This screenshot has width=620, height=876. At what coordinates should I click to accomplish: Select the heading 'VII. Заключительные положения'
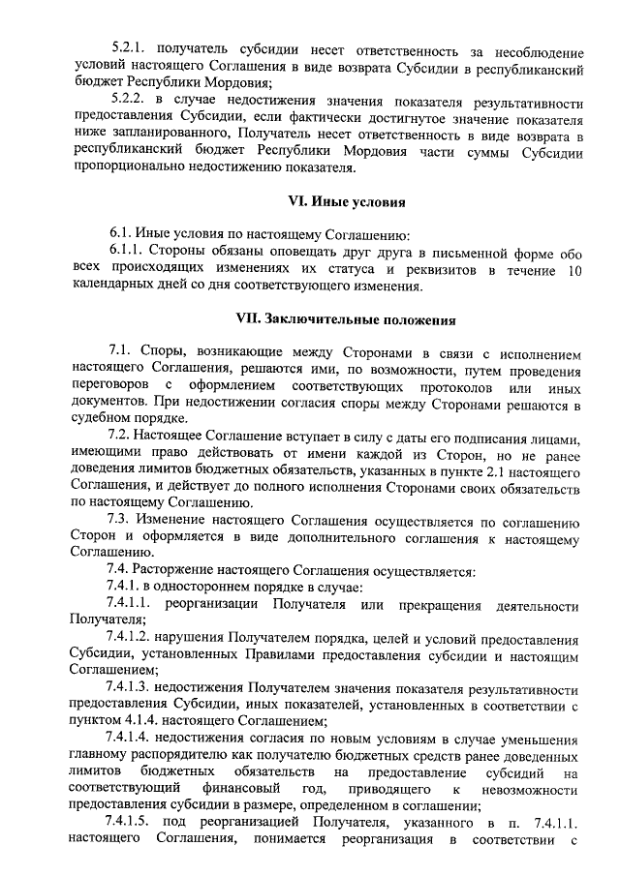point(346,318)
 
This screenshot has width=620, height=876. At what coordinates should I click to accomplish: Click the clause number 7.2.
point(121,438)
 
